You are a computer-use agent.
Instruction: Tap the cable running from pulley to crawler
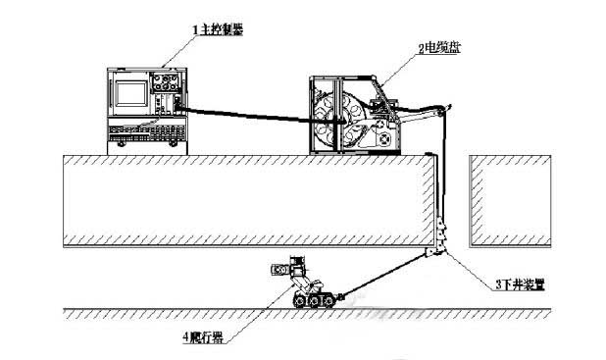[x=382, y=274]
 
